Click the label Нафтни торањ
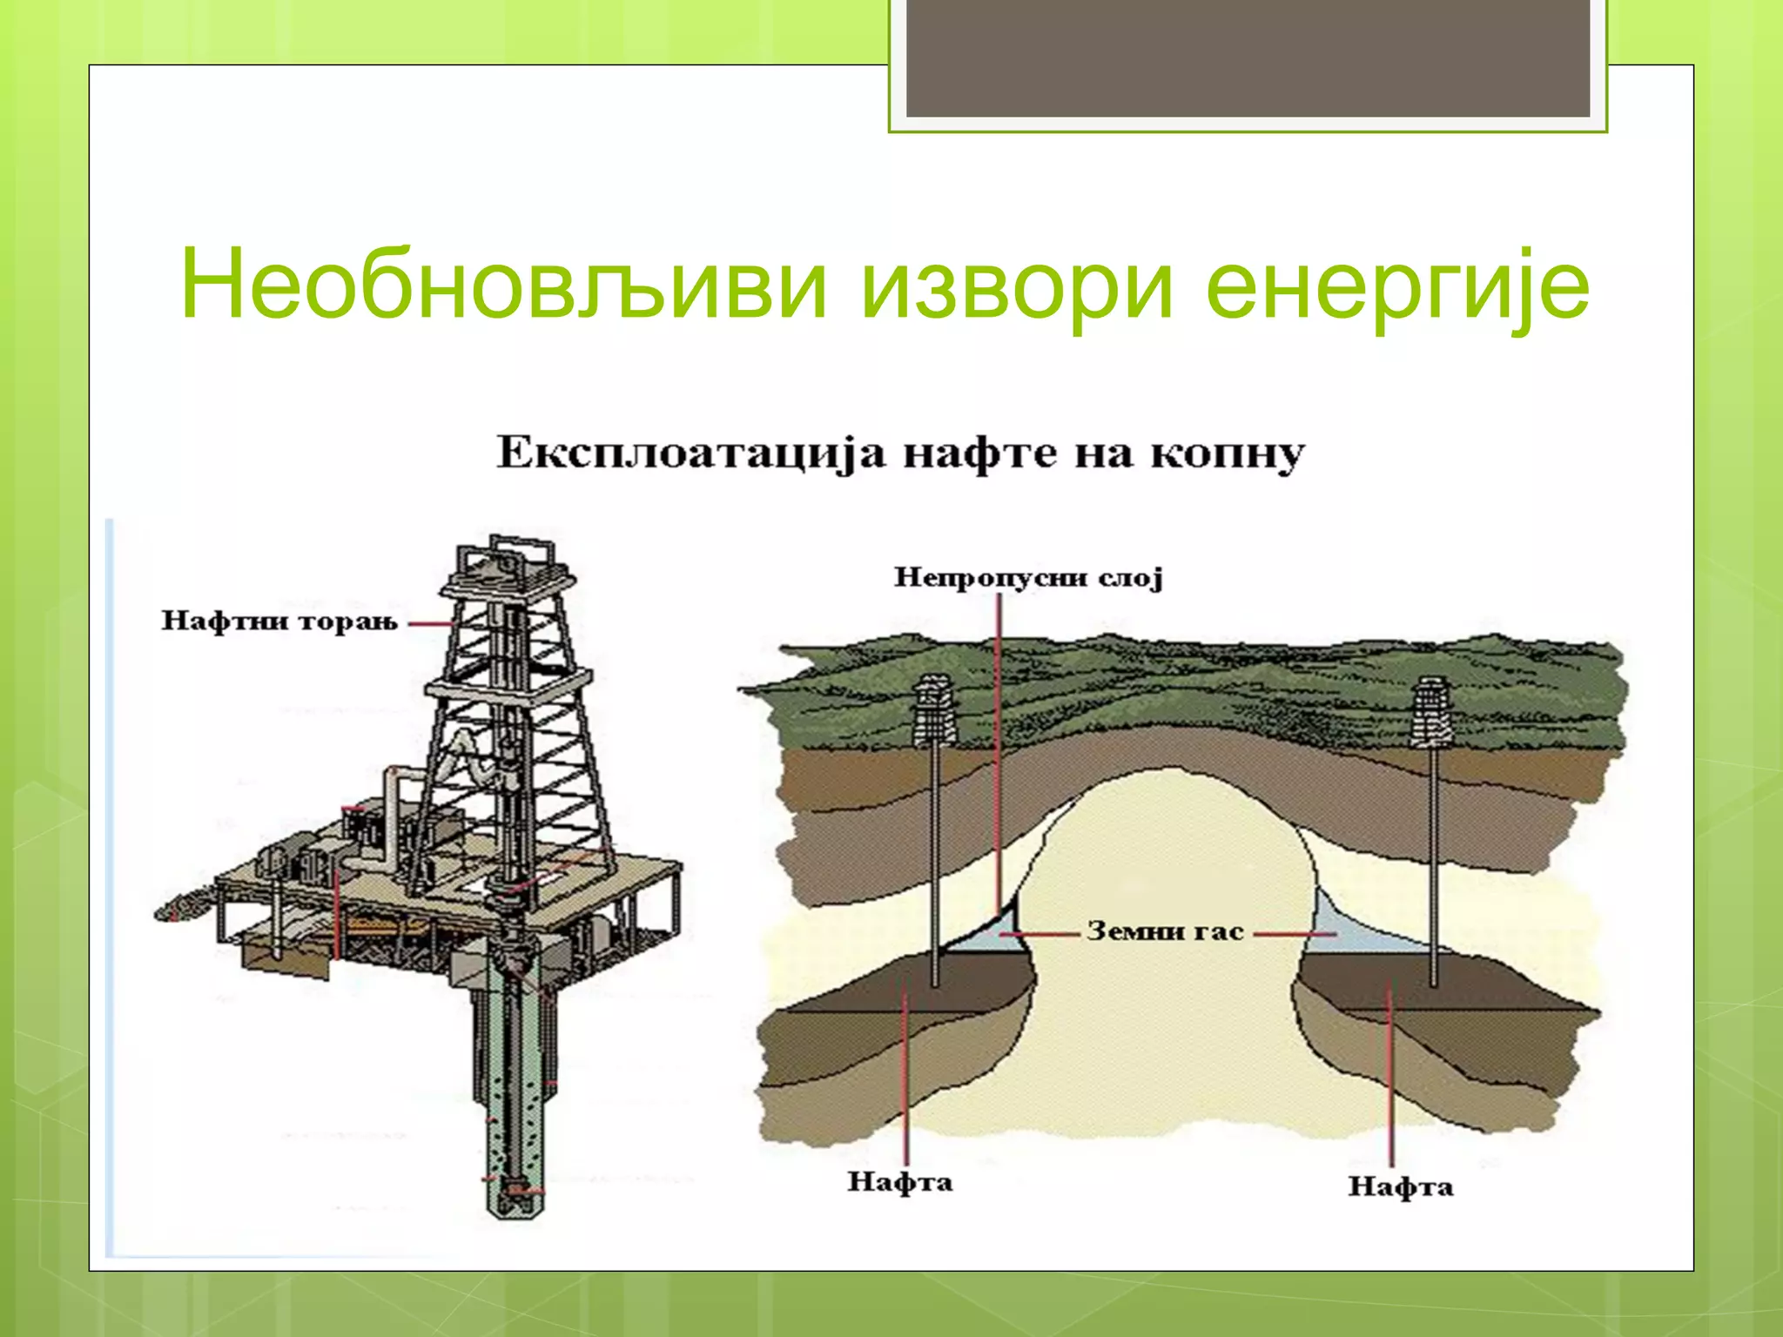pyautogui.click(x=279, y=621)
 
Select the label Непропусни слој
pyautogui.click(x=1028, y=578)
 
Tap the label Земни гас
pyautogui.click(x=1165, y=931)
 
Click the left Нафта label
pyautogui.click(x=900, y=1182)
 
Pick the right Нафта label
pyautogui.click(x=1401, y=1186)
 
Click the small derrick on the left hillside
pyautogui.click(x=934, y=714)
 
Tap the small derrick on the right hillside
pyautogui.click(x=1432, y=714)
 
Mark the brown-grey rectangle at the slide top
pyautogui.click(x=1248, y=58)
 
